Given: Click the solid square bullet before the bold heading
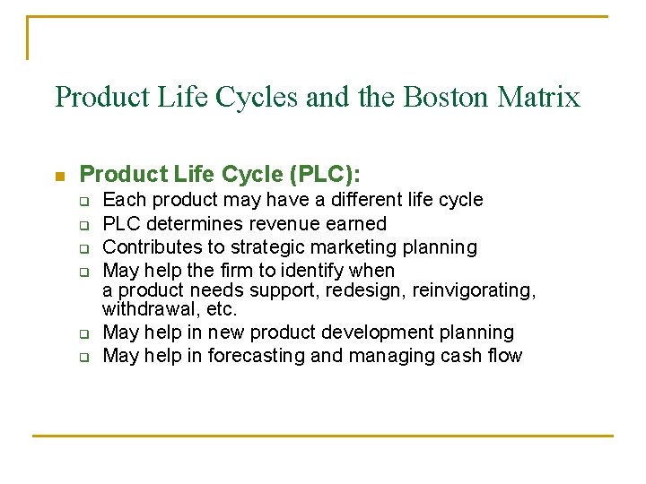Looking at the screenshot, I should tap(59, 174).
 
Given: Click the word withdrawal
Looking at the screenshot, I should tap(144, 309).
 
